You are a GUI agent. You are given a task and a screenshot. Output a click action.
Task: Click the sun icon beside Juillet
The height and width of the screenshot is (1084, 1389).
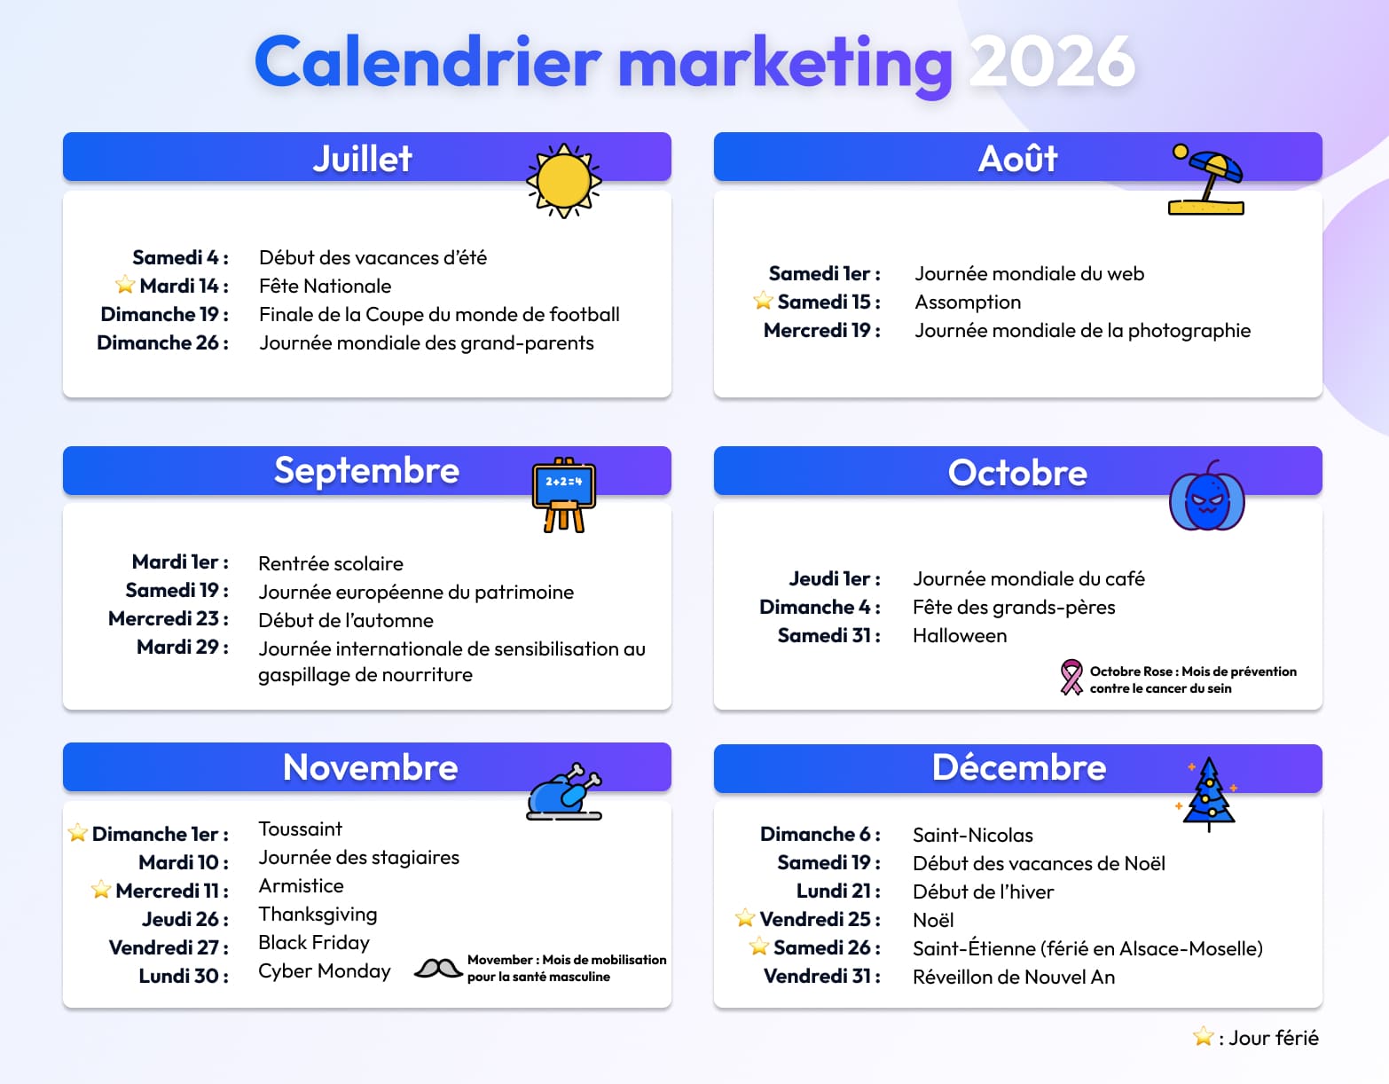[564, 181]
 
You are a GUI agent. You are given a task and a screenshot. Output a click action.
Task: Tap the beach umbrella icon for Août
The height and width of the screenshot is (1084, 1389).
[1206, 181]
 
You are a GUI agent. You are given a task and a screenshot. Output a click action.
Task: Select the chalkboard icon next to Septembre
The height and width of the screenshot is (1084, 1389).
[564, 495]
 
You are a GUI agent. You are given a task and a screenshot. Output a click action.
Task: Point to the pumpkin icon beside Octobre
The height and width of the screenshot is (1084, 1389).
[1206, 499]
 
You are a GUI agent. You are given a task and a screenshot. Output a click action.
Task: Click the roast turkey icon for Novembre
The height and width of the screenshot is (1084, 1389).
[564, 791]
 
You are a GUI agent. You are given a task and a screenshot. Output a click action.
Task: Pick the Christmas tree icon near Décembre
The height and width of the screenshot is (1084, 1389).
[1208, 793]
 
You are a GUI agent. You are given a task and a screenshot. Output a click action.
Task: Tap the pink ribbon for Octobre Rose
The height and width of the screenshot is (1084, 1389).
[1071, 677]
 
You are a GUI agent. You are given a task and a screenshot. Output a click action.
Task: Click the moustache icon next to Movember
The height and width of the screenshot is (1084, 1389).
[437, 968]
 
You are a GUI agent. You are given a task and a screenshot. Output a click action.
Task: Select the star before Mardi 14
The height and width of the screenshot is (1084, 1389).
[125, 285]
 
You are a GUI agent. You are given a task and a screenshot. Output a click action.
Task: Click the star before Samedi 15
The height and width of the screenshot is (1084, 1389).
[763, 301]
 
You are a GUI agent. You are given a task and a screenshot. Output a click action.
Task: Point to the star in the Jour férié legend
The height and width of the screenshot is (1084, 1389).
[1203, 1036]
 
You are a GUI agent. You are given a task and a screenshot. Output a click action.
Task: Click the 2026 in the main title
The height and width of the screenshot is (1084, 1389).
[1051, 62]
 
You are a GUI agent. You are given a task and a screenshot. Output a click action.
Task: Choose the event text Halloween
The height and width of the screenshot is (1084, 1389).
[960, 636]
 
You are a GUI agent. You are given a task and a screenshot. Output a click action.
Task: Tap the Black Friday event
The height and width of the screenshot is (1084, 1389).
[314, 942]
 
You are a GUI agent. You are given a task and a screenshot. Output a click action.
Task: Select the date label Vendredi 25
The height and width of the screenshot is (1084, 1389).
[820, 919]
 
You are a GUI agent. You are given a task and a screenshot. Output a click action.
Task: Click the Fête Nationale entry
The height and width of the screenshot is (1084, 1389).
[325, 286]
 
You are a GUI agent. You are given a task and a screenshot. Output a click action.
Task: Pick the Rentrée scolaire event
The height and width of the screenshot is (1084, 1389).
[331, 563]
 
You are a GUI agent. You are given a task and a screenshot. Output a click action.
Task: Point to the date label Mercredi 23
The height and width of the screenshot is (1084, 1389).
[168, 618]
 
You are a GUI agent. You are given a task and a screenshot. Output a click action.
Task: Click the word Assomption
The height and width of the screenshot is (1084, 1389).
[968, 302]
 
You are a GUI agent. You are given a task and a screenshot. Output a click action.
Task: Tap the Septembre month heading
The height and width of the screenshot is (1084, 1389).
[366, 471]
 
